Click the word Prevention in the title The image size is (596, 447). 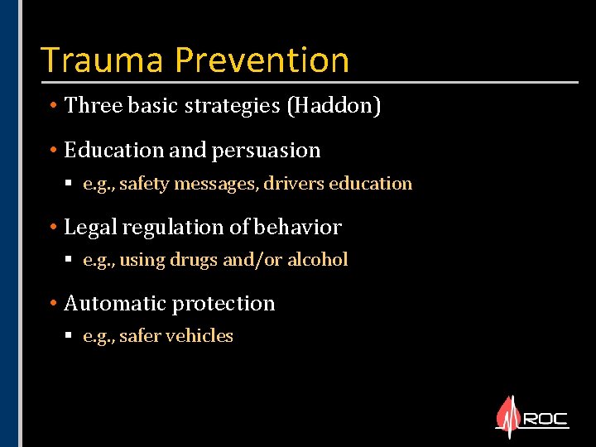pyautogui.click(x=262, y=60)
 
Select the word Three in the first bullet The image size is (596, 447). pyautogui.click(x=92, y=106)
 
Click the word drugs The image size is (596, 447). pyautogui.click(x=194, y=260)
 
